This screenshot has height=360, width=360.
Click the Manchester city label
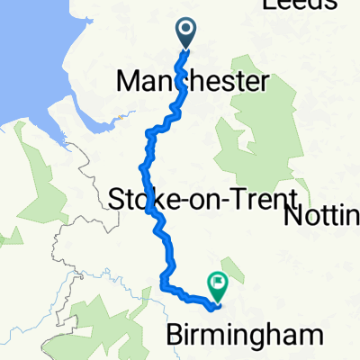point(192,83)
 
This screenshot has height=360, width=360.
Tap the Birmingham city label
point(244,335)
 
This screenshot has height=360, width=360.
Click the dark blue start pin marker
point(187,34)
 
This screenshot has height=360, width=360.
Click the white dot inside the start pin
point(187,30)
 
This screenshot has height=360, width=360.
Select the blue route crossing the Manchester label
point(179,83)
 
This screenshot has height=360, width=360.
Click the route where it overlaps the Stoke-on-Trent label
point(148,199)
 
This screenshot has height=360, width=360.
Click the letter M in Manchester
point(129,83)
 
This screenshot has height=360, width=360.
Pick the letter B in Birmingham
point(175,335)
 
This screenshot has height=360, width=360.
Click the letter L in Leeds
point(267,6)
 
